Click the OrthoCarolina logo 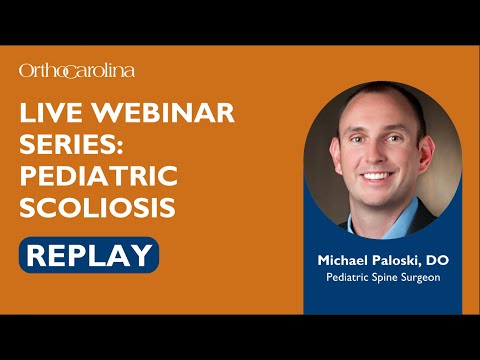point(76,70)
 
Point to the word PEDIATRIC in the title point(98,177)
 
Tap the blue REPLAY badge point(88,254)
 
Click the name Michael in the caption point(343,260)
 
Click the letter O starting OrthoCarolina point(26,70)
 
